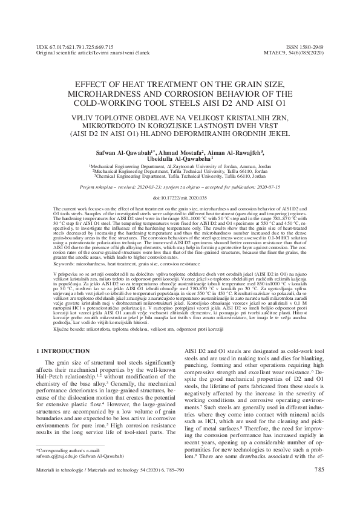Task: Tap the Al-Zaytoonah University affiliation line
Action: (180, 166)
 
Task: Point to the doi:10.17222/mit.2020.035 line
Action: (180, 198)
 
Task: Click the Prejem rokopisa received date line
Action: (180, 188)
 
